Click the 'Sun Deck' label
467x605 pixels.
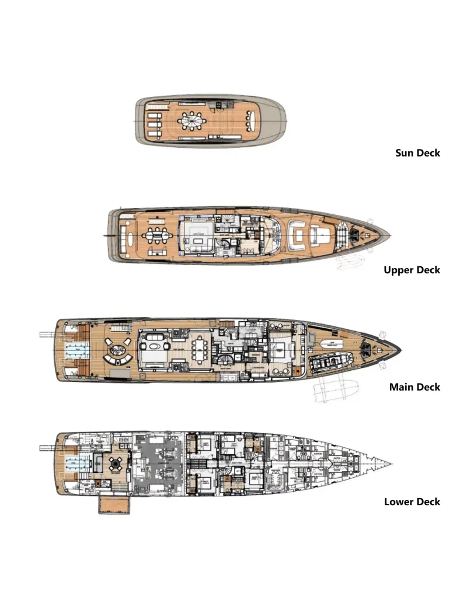pyautogui.click(x=417, y=153)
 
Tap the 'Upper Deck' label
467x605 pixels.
pyautogui.click(x=412, y=270)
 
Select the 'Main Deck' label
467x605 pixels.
pyautogui.click(x=414, y=387)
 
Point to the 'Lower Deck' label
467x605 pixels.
pyautogui.click(x=412, y=502)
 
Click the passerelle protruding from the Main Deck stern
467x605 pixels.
pyautogui.click(x=47, y=335)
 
